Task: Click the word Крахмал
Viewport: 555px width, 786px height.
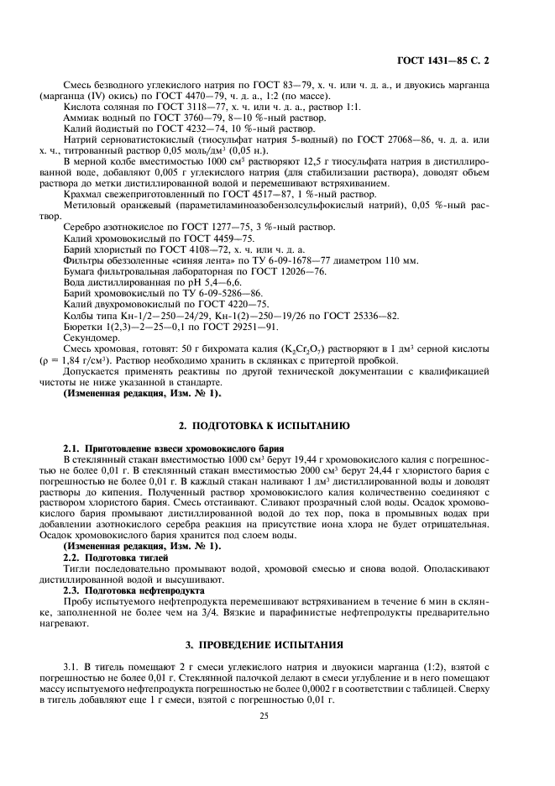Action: pos(82,193)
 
